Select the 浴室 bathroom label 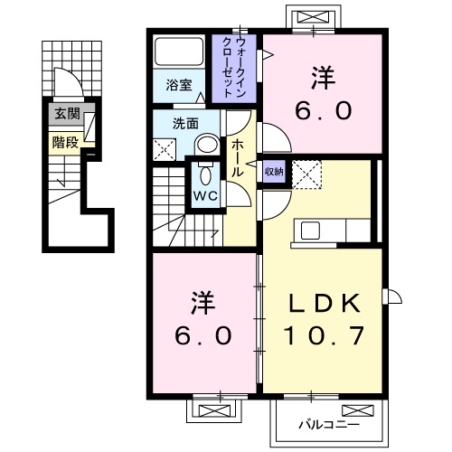pyautogui.click(x=178, y=85)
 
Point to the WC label pyautogui.click(x=202, y=195)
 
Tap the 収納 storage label pyautogui.click(x=273, y=171)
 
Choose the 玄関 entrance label pyautogui.click(x=65, y=114)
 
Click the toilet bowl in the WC pyautogui.click(x=202, y=173)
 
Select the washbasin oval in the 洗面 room pyautogui.click(x=206, y=144)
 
